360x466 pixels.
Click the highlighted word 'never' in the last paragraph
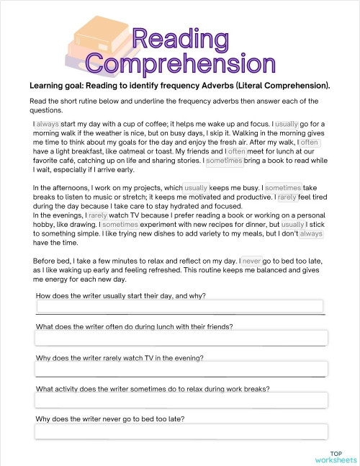[x=252, y=261]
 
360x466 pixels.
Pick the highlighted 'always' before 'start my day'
[x=48, y=124]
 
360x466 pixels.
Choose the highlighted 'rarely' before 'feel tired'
[x=288, y=197]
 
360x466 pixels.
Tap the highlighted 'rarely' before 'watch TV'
[x=98, y=215]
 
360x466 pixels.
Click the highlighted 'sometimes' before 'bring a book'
[x=225, y=161]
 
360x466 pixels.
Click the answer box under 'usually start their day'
[x=180, y=307]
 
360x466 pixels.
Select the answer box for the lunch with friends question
[x=180, y=338]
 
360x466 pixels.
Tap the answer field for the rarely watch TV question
[x=180, y=369]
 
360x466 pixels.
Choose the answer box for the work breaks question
[x=180, y=400]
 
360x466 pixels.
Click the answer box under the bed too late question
[x=180, y=431]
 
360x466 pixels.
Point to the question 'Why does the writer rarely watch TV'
[x=120, y=357]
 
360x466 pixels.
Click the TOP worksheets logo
[x=335, y=456]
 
